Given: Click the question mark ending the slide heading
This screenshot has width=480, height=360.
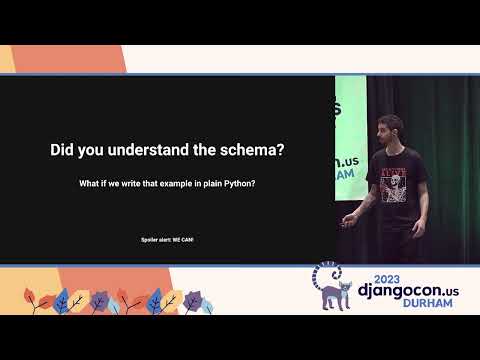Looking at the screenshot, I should [281, 151].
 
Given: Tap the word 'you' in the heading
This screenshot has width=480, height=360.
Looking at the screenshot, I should [93, 151].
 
